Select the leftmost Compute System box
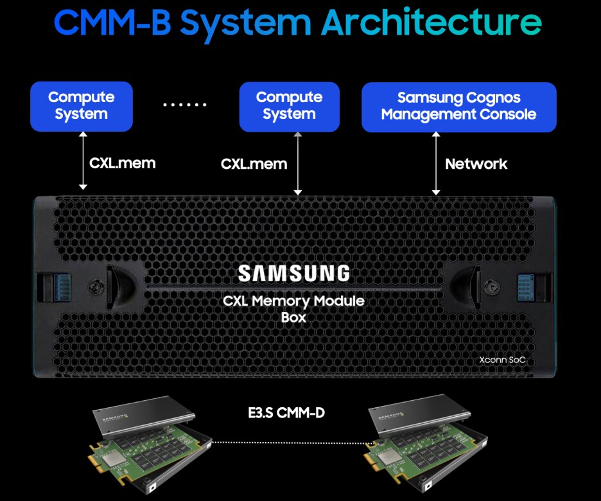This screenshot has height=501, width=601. (81, 106)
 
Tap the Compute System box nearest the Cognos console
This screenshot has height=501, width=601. (289, 106)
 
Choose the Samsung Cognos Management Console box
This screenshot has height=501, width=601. (458, 106)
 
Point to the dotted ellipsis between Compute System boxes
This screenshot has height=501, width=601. (185, 105)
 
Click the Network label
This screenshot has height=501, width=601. (476, 164)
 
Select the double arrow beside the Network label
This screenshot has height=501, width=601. (437, 164)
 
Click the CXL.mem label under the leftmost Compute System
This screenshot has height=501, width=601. (122, 163)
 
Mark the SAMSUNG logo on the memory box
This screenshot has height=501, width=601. (294, 273)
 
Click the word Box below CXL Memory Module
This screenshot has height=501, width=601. (293, 317)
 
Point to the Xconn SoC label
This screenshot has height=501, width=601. (502, 360)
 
